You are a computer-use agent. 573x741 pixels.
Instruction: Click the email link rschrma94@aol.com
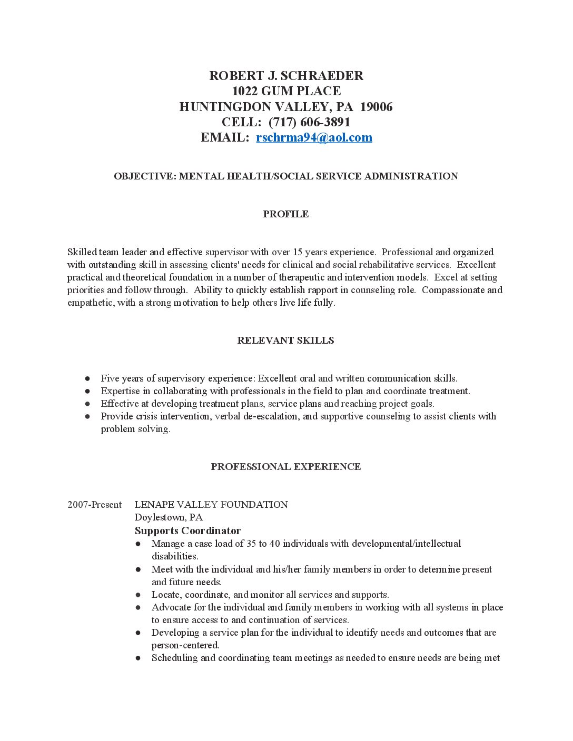coord(314,137)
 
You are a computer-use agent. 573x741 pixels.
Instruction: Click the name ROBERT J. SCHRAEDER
coord(286,76)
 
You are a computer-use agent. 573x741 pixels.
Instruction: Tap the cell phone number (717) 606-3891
coord(309,122)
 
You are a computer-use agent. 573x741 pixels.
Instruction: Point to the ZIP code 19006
coord(376,107)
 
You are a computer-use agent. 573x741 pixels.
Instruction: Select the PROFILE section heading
coord(286,214)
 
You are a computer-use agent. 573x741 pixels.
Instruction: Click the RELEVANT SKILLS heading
coord(285,341)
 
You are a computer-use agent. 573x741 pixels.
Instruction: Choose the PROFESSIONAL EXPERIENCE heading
coord(285,467)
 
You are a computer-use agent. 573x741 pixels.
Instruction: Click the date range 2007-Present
coord(94,505)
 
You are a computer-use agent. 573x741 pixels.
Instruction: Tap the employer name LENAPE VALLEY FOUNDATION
coord(211,505)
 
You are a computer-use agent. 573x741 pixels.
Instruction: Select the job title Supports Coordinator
coord(187,530)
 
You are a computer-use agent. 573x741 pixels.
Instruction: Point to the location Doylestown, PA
coord(169,517)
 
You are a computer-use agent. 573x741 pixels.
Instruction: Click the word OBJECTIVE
coord(144,176)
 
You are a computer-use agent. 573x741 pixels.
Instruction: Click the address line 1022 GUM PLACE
coord(286,91)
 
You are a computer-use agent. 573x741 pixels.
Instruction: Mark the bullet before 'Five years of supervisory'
coord(87,378)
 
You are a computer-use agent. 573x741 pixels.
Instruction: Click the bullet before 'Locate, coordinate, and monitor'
coord(138,595)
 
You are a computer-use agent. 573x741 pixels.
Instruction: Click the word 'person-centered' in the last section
coord(185,645)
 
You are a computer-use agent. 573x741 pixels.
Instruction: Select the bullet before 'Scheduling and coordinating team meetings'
coord(138,658)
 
